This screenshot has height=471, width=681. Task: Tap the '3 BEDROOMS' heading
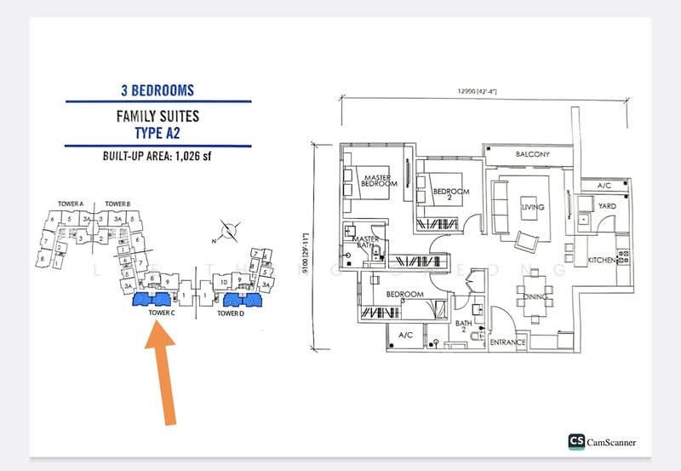[x=157, y=89]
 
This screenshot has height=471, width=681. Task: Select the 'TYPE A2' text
[x=158, y=132]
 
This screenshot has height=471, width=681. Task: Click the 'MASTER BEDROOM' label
[x=375, y=181]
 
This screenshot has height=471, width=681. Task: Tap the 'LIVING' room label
[x=533, y=207]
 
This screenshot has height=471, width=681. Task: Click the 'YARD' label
[x=606, y=206]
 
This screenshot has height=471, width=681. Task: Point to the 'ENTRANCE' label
[x=509, y=342]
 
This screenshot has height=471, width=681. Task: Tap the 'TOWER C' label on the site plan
[x=161, y=313]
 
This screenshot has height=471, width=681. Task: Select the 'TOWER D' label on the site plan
[x=230, y=313]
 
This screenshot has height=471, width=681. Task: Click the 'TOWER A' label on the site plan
[x=70, y=204]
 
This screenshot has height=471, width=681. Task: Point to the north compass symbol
[x=226, y=227]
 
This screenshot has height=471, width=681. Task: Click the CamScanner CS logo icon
[x=577, y=441]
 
